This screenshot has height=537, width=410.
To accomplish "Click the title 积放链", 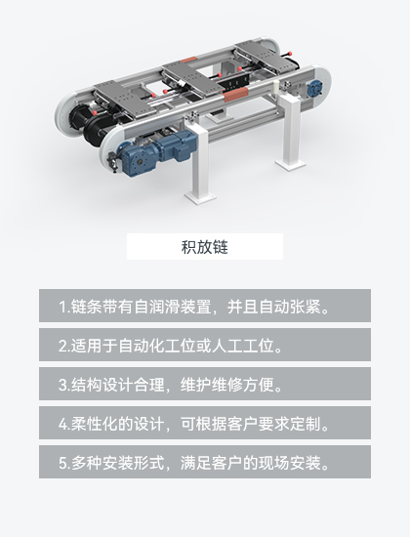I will (x=205, y=246).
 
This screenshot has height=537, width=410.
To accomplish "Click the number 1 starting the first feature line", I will (x=61, y=306).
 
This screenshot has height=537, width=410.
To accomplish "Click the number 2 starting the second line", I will (x=61, y=345).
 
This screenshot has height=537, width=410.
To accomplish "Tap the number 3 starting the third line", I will (x=61, y=384).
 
